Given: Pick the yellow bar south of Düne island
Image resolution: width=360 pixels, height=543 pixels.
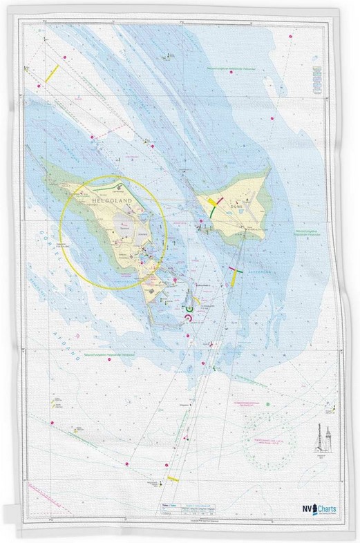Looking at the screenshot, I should pyautogui.click(x=237, y=276).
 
